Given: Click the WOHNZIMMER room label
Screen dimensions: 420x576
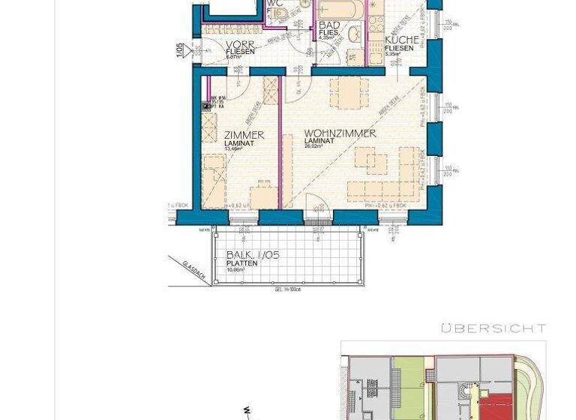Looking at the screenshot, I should click(x=340, y=133).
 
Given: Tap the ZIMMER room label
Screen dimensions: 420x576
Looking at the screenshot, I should click(x=244, y=135).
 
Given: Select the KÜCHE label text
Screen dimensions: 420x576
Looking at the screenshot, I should click(x=401, y=40).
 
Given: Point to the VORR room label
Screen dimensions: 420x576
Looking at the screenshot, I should click(x=241, y=45).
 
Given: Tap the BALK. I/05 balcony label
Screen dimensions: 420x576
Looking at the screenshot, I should click(x=252, y=255).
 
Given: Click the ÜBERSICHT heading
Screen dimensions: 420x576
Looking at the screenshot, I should click(x=493, y=328).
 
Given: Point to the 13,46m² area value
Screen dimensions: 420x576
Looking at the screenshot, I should click(x=233, y=148).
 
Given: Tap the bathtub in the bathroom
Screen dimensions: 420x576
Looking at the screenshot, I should click(x=341, y=10).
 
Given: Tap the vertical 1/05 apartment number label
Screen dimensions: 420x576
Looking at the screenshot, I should click(x=179, y=49).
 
